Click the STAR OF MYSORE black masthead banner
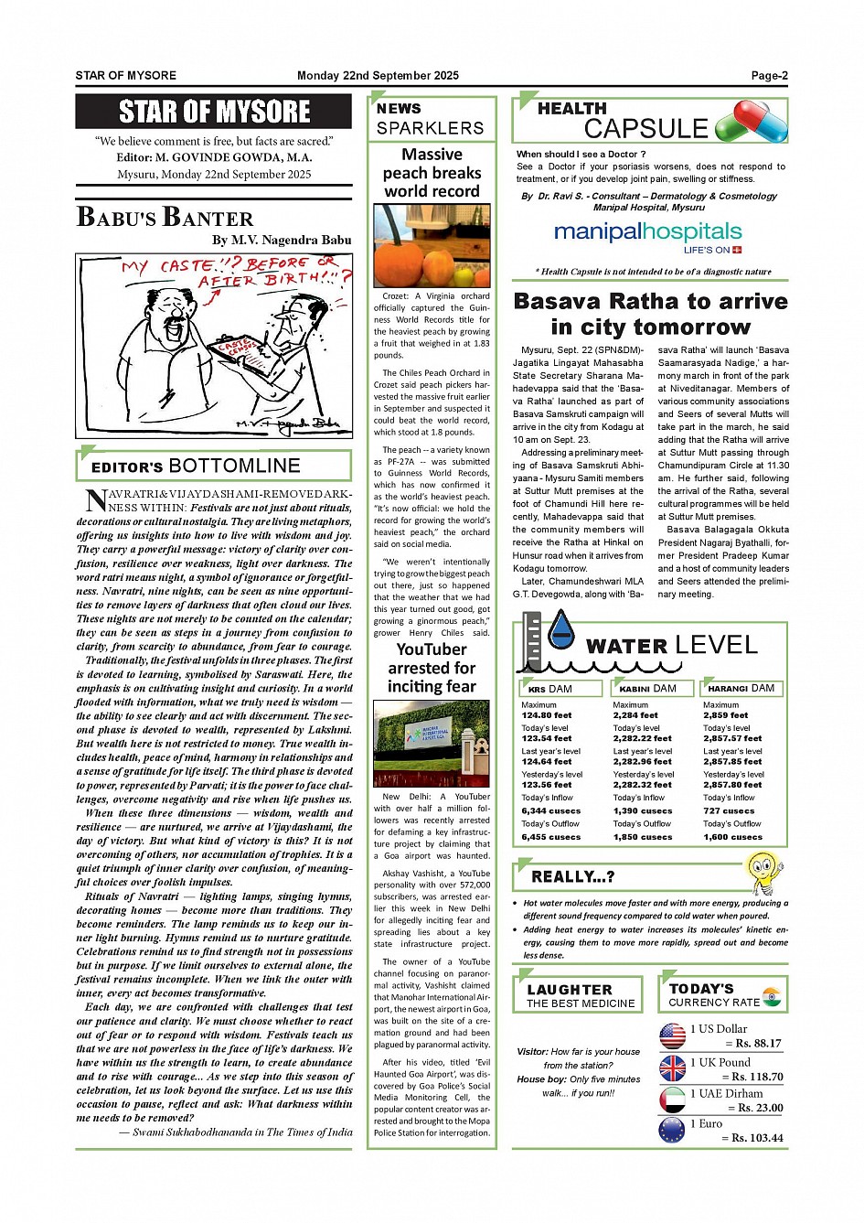tap(214, 112)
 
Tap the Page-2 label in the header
tap(769, 76)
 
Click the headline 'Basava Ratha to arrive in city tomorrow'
tap(650, 314)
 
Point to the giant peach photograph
tap(432, 245)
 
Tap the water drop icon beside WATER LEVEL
tap(560, 630)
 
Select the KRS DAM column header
tap(560, 689)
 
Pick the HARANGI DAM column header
tap(741, 689)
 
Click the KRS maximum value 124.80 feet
tap(547, 715)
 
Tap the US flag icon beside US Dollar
tap(672, 1035)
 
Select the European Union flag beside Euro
tap(672, 1130)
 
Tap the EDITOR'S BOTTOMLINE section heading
tap(214, 467)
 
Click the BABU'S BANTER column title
tap(165, 218)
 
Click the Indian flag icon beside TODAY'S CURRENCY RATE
tap(771, 995)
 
